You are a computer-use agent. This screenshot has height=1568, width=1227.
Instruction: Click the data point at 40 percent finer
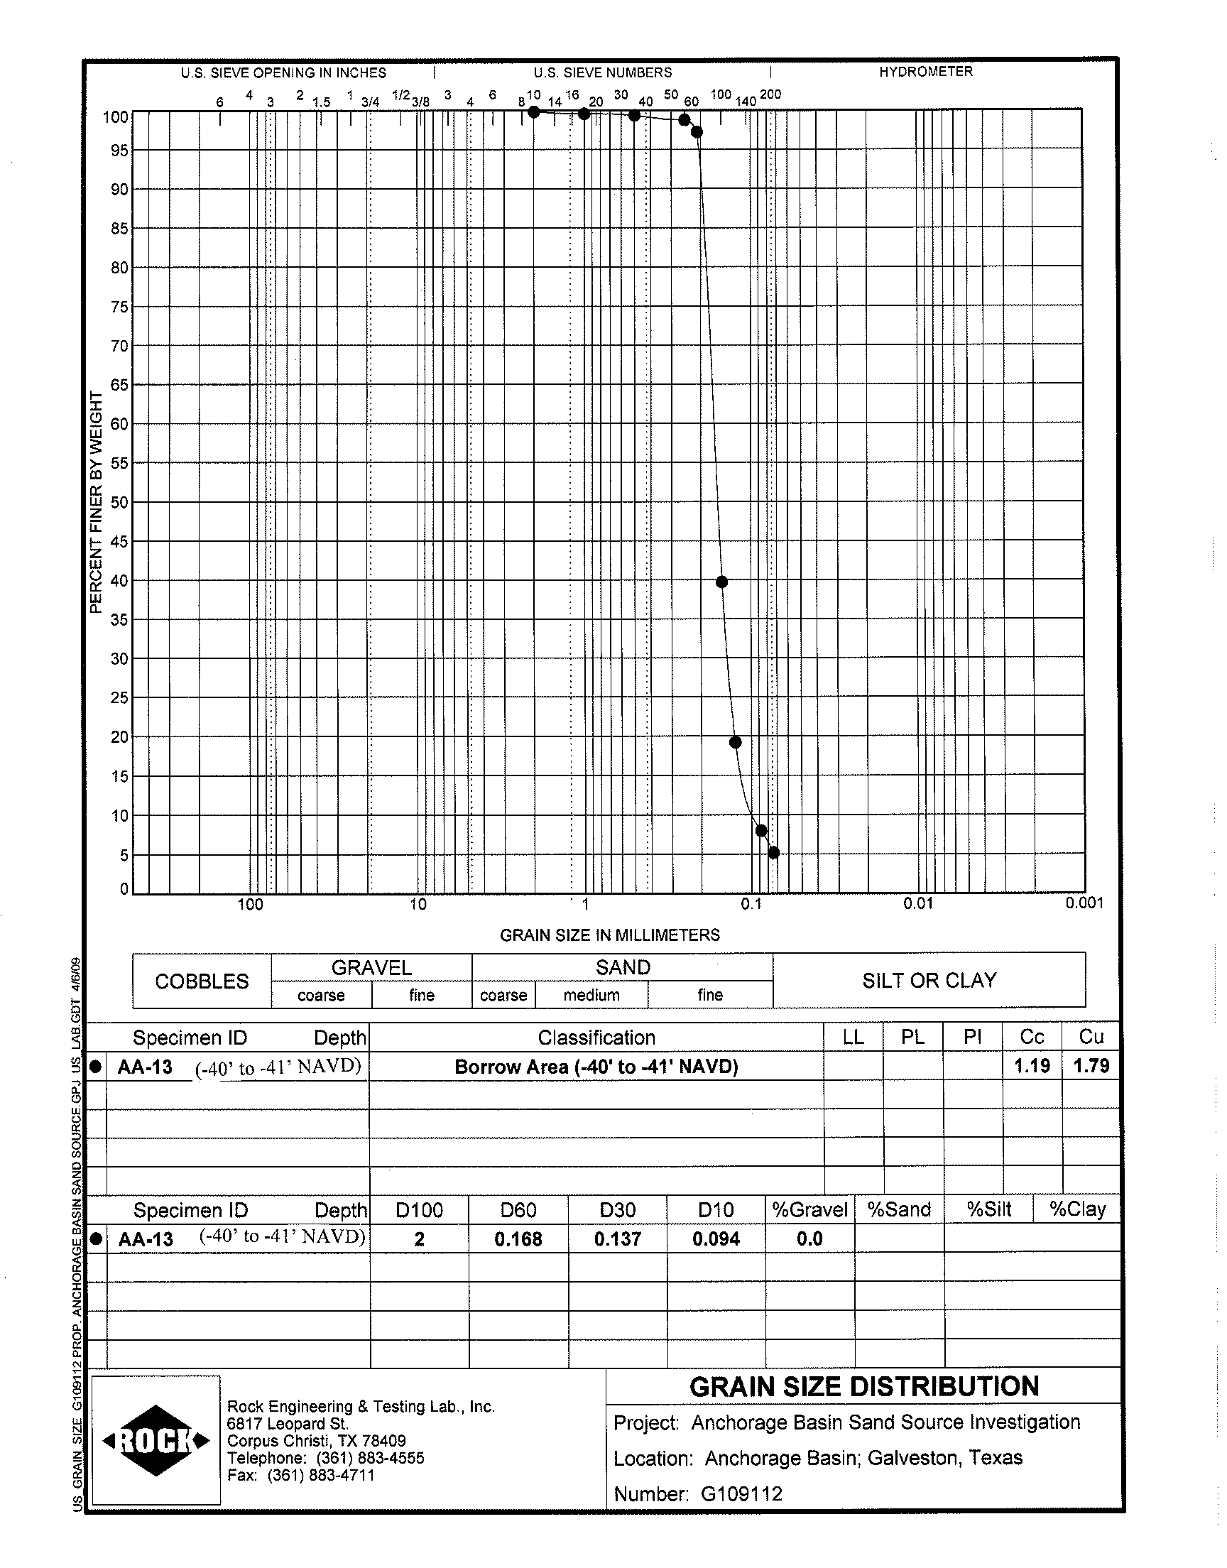tap(722, 582)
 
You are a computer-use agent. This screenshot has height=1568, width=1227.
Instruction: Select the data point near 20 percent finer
tap(735, 742)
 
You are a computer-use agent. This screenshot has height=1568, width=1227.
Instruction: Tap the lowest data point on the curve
tap(774, 853)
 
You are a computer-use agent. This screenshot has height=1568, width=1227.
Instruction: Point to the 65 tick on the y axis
tap(119, 385)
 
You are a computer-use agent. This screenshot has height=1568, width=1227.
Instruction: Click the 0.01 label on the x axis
tap(917, 903)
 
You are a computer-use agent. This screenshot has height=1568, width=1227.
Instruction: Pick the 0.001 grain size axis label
tap(1084, 903)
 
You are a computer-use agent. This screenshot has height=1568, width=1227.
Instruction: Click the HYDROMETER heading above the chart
tap(925, 72)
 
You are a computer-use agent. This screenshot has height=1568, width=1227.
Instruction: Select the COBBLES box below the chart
tap(202, 981)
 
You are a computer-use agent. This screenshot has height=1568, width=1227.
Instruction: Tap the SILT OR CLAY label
tap(929, 981)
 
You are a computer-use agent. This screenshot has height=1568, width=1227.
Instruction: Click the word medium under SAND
tap(591, 995)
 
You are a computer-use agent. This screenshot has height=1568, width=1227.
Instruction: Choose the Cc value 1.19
tap(1032, 1066)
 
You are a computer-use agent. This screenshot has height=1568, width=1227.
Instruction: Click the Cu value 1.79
tap(1091, 1066)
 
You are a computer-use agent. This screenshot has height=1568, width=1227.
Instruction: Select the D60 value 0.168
tap(518, 1239)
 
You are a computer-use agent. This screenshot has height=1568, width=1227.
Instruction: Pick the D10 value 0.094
tap(716, 1239)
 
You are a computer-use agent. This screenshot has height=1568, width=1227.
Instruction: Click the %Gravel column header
tap(809, 1209)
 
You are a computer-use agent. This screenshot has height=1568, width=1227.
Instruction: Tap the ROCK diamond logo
tap(156, 1440)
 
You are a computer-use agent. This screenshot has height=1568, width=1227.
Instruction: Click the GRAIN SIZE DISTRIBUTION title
tap(863, 1386)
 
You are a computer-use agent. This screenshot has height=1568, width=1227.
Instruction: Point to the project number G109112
tap(741, 1494)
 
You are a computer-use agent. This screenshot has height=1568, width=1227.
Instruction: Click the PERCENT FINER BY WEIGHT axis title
tap(97, 502)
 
